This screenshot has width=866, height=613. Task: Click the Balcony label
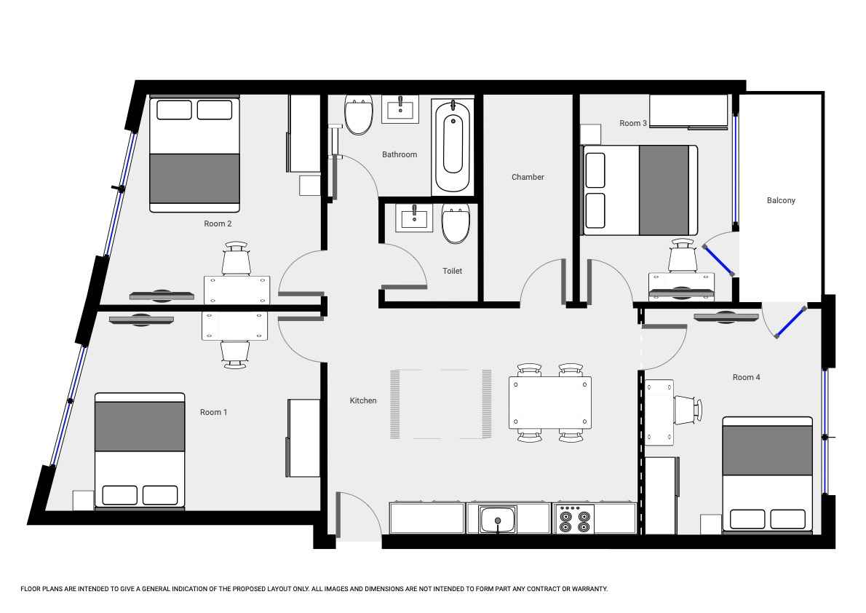[780, 201]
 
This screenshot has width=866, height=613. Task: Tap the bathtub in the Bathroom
[453, 146]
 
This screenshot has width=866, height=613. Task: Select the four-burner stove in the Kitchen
[574, 519]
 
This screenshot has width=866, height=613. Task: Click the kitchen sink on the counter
[498, 520]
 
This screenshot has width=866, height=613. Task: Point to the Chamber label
[528, 177]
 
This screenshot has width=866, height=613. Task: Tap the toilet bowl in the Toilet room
[456, 224]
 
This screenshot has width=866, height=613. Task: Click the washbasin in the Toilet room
[414, 218]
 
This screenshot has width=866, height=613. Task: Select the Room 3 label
[633, 123]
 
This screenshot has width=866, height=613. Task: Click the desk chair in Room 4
[688, 410]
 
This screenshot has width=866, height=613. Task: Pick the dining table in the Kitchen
[550, 403]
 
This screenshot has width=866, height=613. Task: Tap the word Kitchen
[363, 400]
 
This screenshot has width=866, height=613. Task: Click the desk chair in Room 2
[237, 258]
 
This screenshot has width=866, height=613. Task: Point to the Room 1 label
[213, 412]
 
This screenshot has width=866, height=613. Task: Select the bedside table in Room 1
[83, 501]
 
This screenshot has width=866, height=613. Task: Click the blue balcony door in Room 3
[718, 260]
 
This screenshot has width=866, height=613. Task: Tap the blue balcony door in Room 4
[790, 323]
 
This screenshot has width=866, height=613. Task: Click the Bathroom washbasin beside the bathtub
[400, 109]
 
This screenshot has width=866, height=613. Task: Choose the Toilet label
[453, 271]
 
